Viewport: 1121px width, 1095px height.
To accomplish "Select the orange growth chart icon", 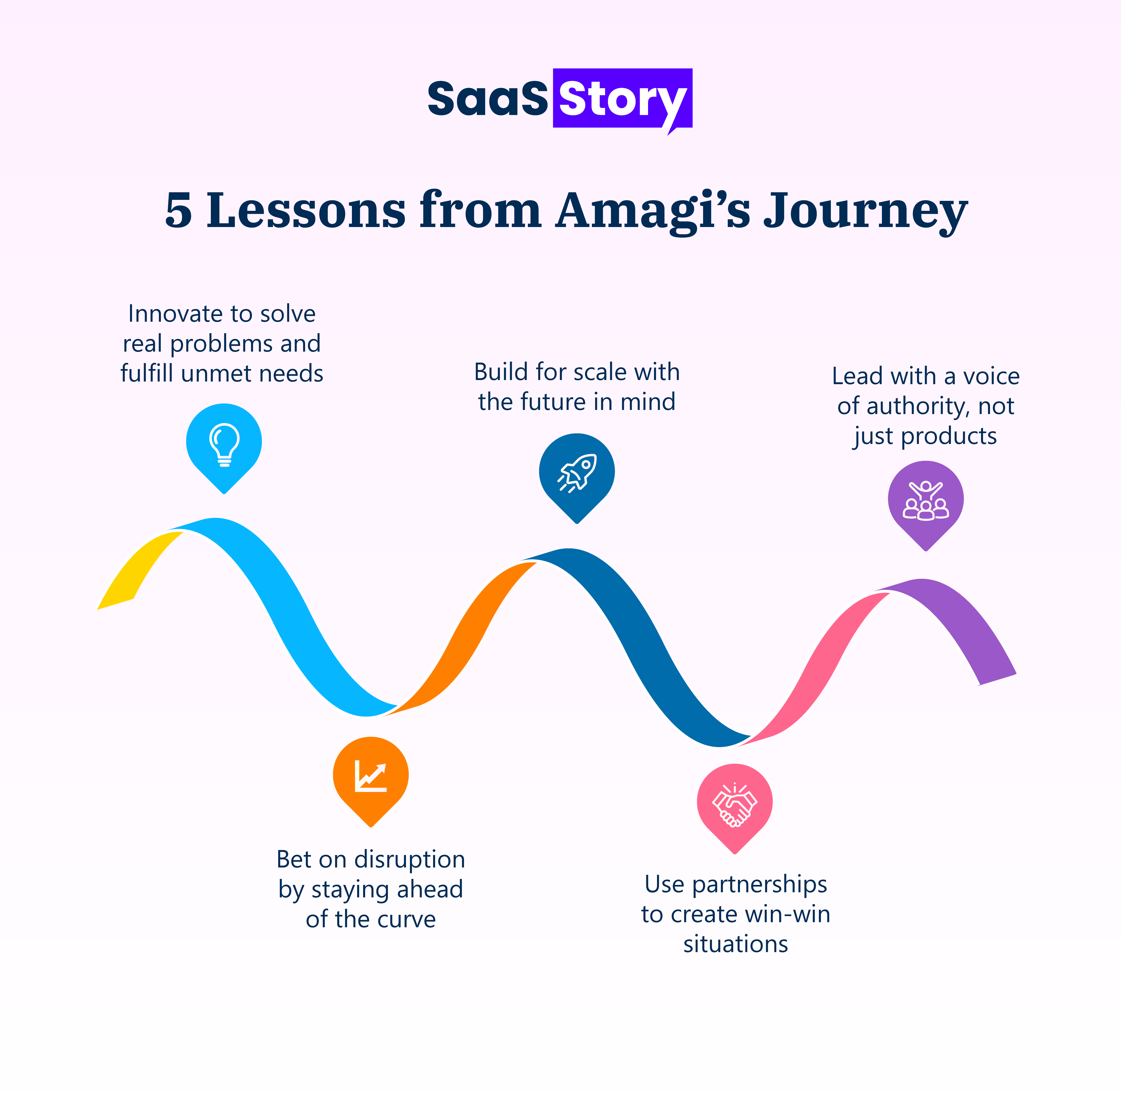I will [x=371, y=775].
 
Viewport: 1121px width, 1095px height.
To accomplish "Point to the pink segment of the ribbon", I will [x=816, y=661].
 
